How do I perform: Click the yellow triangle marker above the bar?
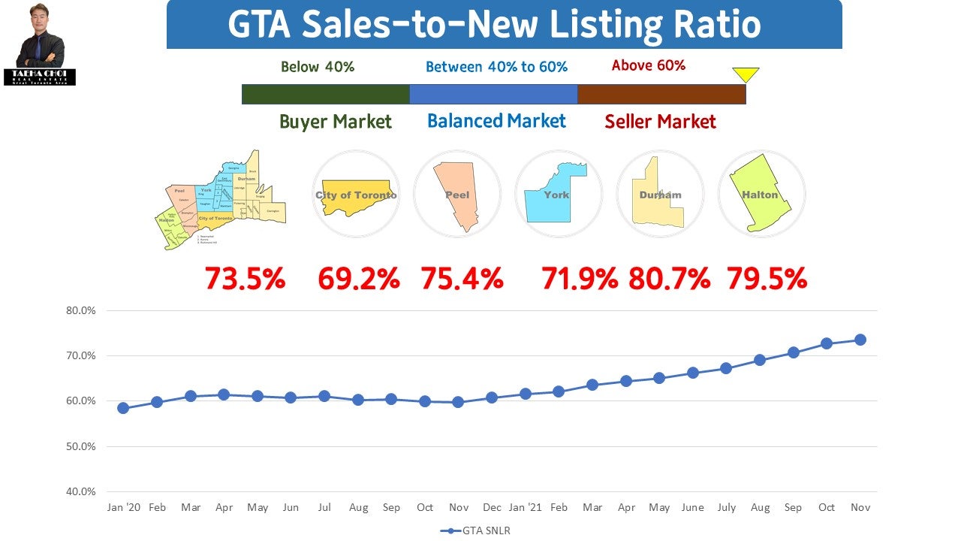point(746,74)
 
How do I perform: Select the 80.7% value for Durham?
point(669,279)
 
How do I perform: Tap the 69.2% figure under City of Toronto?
point(358,279)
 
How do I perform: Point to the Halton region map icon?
point(761,194)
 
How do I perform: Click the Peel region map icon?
point(456,194)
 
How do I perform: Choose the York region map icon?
point(558,194)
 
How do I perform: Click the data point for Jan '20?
point(123,408)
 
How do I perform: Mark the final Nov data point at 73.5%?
point(860,340)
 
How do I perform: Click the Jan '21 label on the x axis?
point(525,507)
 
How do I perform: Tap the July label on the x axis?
point(725,507)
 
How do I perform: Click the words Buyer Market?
point(336,122)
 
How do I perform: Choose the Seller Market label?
point(661,122)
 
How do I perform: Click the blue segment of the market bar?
point(493,94)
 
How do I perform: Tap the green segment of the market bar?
point(325,94)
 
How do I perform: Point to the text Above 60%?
point(649,65)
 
